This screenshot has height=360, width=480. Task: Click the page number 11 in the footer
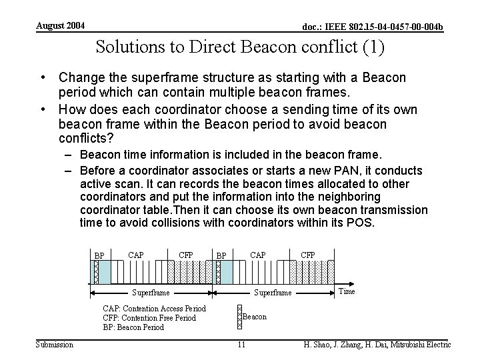(x=241, y=344)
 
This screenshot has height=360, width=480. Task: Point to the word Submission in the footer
(x=55, y=344)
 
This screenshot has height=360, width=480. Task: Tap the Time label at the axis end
(x=347, y=291)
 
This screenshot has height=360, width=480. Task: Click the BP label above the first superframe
(x=99, y=255)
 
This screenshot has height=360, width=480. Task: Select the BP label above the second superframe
(x=221, y=255)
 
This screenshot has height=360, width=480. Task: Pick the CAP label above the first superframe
(x=135, y=254)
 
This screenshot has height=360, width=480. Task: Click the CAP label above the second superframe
(x=257, y=254)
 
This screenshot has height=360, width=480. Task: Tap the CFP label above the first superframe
(x=186, y=254)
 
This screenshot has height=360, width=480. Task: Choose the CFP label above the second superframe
(x=308, y=254)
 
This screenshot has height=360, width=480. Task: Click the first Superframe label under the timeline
(x=151, y=293)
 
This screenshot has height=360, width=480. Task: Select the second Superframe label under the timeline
(x=273, y=293)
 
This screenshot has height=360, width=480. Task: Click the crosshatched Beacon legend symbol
(x=240, y=317)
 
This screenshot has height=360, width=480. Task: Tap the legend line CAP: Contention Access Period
(x=154, y=308)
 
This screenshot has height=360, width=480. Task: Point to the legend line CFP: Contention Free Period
(x=149, y=318)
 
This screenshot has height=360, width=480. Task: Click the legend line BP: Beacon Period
(x=133, y=327)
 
